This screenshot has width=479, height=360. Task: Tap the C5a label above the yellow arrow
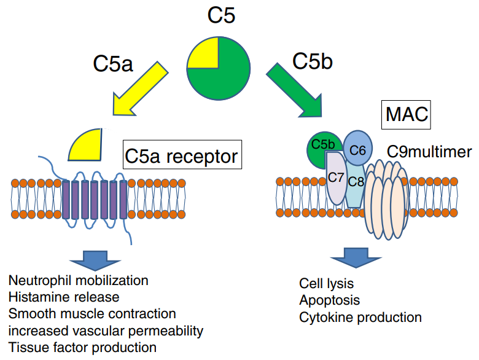(112, 63)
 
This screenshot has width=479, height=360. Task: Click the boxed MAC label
(407, 114)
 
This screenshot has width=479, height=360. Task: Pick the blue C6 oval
(357, 149)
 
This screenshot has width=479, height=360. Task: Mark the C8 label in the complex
(356, 182)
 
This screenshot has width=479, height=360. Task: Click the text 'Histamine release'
(64, 297)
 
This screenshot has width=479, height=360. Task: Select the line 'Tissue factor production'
(82, 347)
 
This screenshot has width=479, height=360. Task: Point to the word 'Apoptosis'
(330, 300)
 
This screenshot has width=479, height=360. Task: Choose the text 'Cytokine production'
(360, 318)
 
